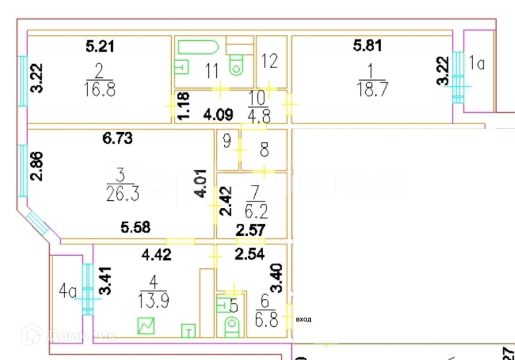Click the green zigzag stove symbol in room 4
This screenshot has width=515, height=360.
(146, 326)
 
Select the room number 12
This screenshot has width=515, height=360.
(270, 61)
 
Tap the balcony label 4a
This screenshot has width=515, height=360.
(68, 293)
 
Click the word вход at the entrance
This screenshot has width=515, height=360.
(303, 320)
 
